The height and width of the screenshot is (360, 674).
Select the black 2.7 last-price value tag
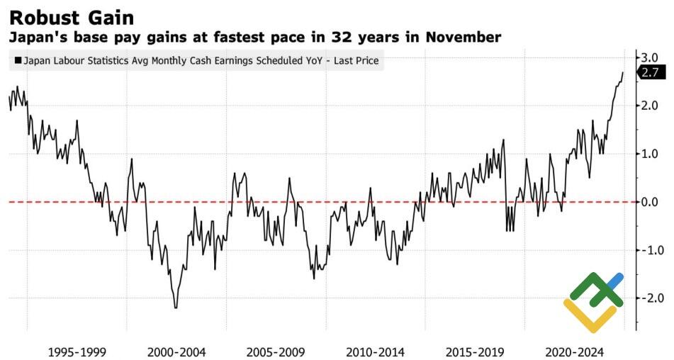[x=649, y=72]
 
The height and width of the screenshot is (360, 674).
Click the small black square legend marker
[x=17, y=62]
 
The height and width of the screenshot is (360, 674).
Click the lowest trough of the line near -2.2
[x=175, y=307]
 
